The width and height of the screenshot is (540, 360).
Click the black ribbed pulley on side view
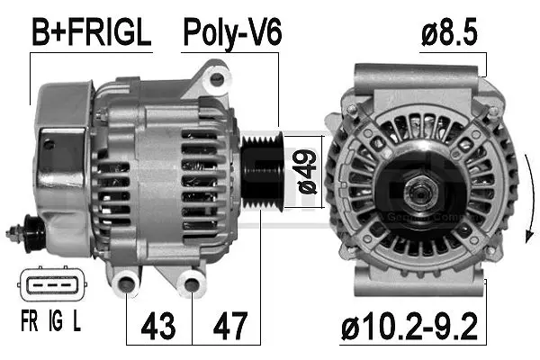pos(262,172)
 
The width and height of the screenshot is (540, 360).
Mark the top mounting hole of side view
pos(216,80)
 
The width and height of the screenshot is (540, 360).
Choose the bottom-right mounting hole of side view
pos(192,287)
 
